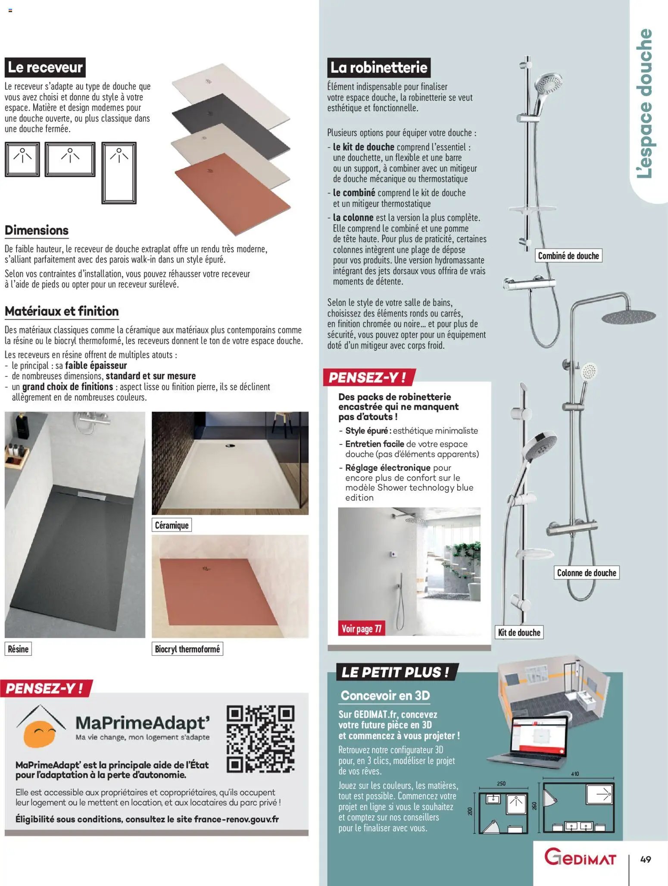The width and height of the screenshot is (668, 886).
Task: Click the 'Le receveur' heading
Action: (45, 68)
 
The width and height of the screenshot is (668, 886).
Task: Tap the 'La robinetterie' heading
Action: (379, 68)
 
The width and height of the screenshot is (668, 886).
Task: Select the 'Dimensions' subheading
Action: (37, 230)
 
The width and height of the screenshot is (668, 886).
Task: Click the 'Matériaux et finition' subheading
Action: (62, 311)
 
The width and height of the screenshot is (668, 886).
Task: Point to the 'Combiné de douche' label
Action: (568, 256)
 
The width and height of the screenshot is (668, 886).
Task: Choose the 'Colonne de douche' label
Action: (586, 573)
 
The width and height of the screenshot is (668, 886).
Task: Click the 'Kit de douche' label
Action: (519, 632)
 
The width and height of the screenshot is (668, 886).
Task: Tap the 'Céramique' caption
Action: (172, 525)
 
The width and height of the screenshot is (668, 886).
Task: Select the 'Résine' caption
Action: (18, 649)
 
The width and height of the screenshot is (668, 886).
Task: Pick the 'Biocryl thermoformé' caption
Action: (187, 649)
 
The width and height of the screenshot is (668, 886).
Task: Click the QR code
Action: (261, 739)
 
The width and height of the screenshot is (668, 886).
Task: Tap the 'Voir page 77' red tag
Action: (361, 629)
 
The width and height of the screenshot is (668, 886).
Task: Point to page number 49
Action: (645, 859)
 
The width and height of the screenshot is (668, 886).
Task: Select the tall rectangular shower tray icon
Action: (119, 172)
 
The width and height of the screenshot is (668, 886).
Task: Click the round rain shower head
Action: (628, 317)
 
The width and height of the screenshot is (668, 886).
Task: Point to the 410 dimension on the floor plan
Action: (575, 774)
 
